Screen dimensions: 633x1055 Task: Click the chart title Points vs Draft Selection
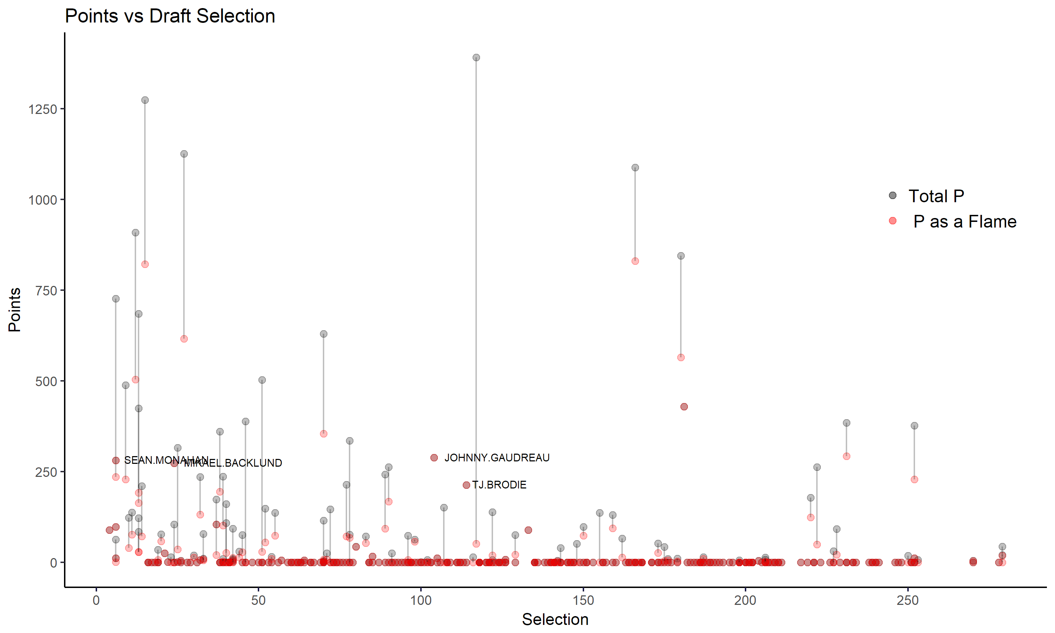coord(170,16)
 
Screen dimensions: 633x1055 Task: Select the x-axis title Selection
coord(555,619)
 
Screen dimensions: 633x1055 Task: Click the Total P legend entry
coord(936,196)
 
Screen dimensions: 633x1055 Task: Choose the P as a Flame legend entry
coord(965,222)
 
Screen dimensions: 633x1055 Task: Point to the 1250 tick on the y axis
coord(43,109)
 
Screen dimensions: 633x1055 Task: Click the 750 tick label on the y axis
coord(46,291)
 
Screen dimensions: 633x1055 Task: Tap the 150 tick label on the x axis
coord(583,601)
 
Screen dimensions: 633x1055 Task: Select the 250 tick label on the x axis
coord(907,601)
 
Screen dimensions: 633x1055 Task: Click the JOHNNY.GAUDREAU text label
coord(497,458)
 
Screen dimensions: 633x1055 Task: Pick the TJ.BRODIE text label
coord(499,485)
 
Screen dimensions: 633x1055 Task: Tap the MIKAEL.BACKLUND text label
coord(233,463)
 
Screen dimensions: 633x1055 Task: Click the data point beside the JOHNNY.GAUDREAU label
coord(434,458)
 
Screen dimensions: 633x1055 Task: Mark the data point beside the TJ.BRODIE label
coord(466,485)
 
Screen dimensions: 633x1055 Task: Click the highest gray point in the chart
coord(476,58)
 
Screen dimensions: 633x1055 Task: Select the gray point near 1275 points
coord(145,100)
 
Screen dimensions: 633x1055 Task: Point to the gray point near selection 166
coord(635,168)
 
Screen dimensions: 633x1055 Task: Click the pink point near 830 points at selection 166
coord(635,261)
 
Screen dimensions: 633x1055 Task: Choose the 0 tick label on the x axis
coord(96,601)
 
